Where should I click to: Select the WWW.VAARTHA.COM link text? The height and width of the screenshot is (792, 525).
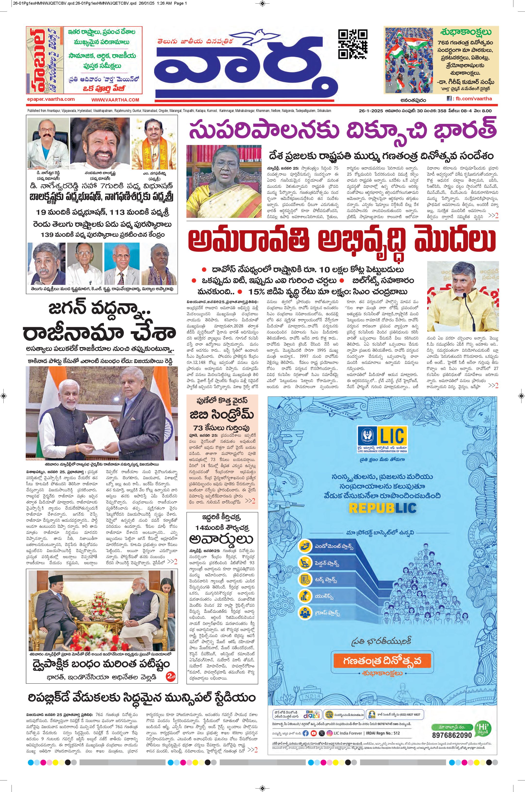115,100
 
